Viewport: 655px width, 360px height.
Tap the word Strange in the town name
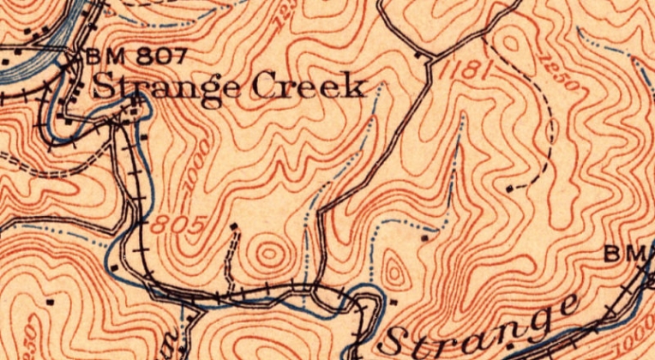tap(167, 86)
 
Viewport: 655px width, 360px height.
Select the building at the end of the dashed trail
tap(510, 186)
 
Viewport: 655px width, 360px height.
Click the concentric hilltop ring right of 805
tap(270, 254)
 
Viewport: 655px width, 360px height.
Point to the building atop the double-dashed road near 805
tap(235, 225)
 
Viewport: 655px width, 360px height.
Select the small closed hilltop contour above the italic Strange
tap(394, 273)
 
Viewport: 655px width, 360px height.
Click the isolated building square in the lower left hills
tap(52, 302)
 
